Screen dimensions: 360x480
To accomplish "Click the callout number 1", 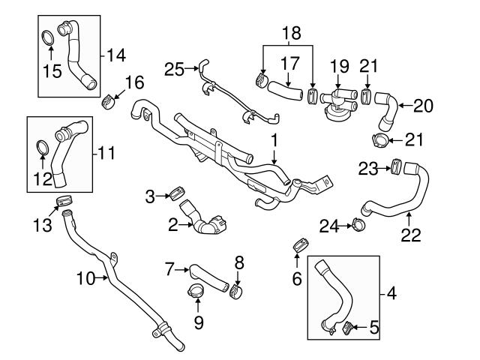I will coord(274,139).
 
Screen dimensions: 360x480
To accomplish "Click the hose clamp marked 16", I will coord(111,97).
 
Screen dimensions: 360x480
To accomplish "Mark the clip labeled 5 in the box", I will coord(346,326).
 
